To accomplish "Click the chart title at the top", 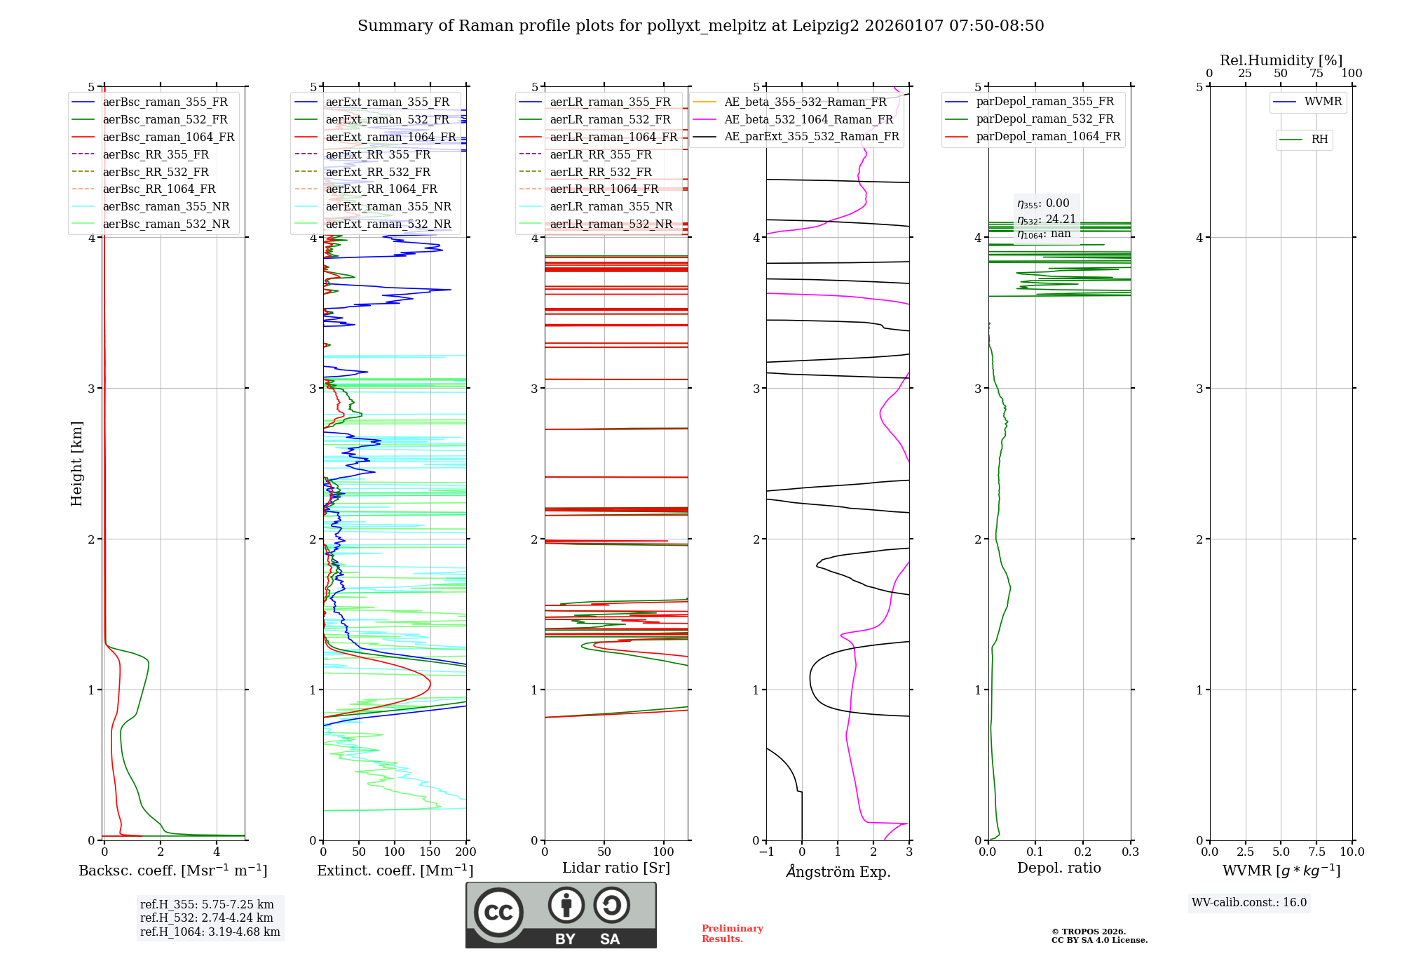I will pos(700,26).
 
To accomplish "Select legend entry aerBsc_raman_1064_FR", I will pos(168,137).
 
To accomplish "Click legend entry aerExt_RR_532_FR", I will pos(378,172).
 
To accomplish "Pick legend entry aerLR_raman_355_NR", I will pos(611,206).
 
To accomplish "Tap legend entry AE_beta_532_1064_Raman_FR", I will pos(808,119).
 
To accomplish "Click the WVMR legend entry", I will pos(1323,102).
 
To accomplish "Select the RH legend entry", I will pos(1319,140).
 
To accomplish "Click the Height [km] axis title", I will pos(76,464).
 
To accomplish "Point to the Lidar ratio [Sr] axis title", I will pos(616,868).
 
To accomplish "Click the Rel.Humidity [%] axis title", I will pos(1281,60).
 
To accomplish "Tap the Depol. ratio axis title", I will pos(1059,868).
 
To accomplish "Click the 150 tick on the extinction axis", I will pos(430,852).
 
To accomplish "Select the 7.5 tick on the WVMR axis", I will pos(1316,852).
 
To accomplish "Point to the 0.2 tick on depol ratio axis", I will pos(1082,852).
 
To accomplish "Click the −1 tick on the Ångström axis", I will pos(765,852).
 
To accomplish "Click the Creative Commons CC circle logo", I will pos(498,912).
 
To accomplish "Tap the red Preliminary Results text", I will pos(732,934).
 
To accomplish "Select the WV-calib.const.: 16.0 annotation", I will pos(1249,903).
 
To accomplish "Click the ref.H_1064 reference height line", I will pos(210,932).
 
